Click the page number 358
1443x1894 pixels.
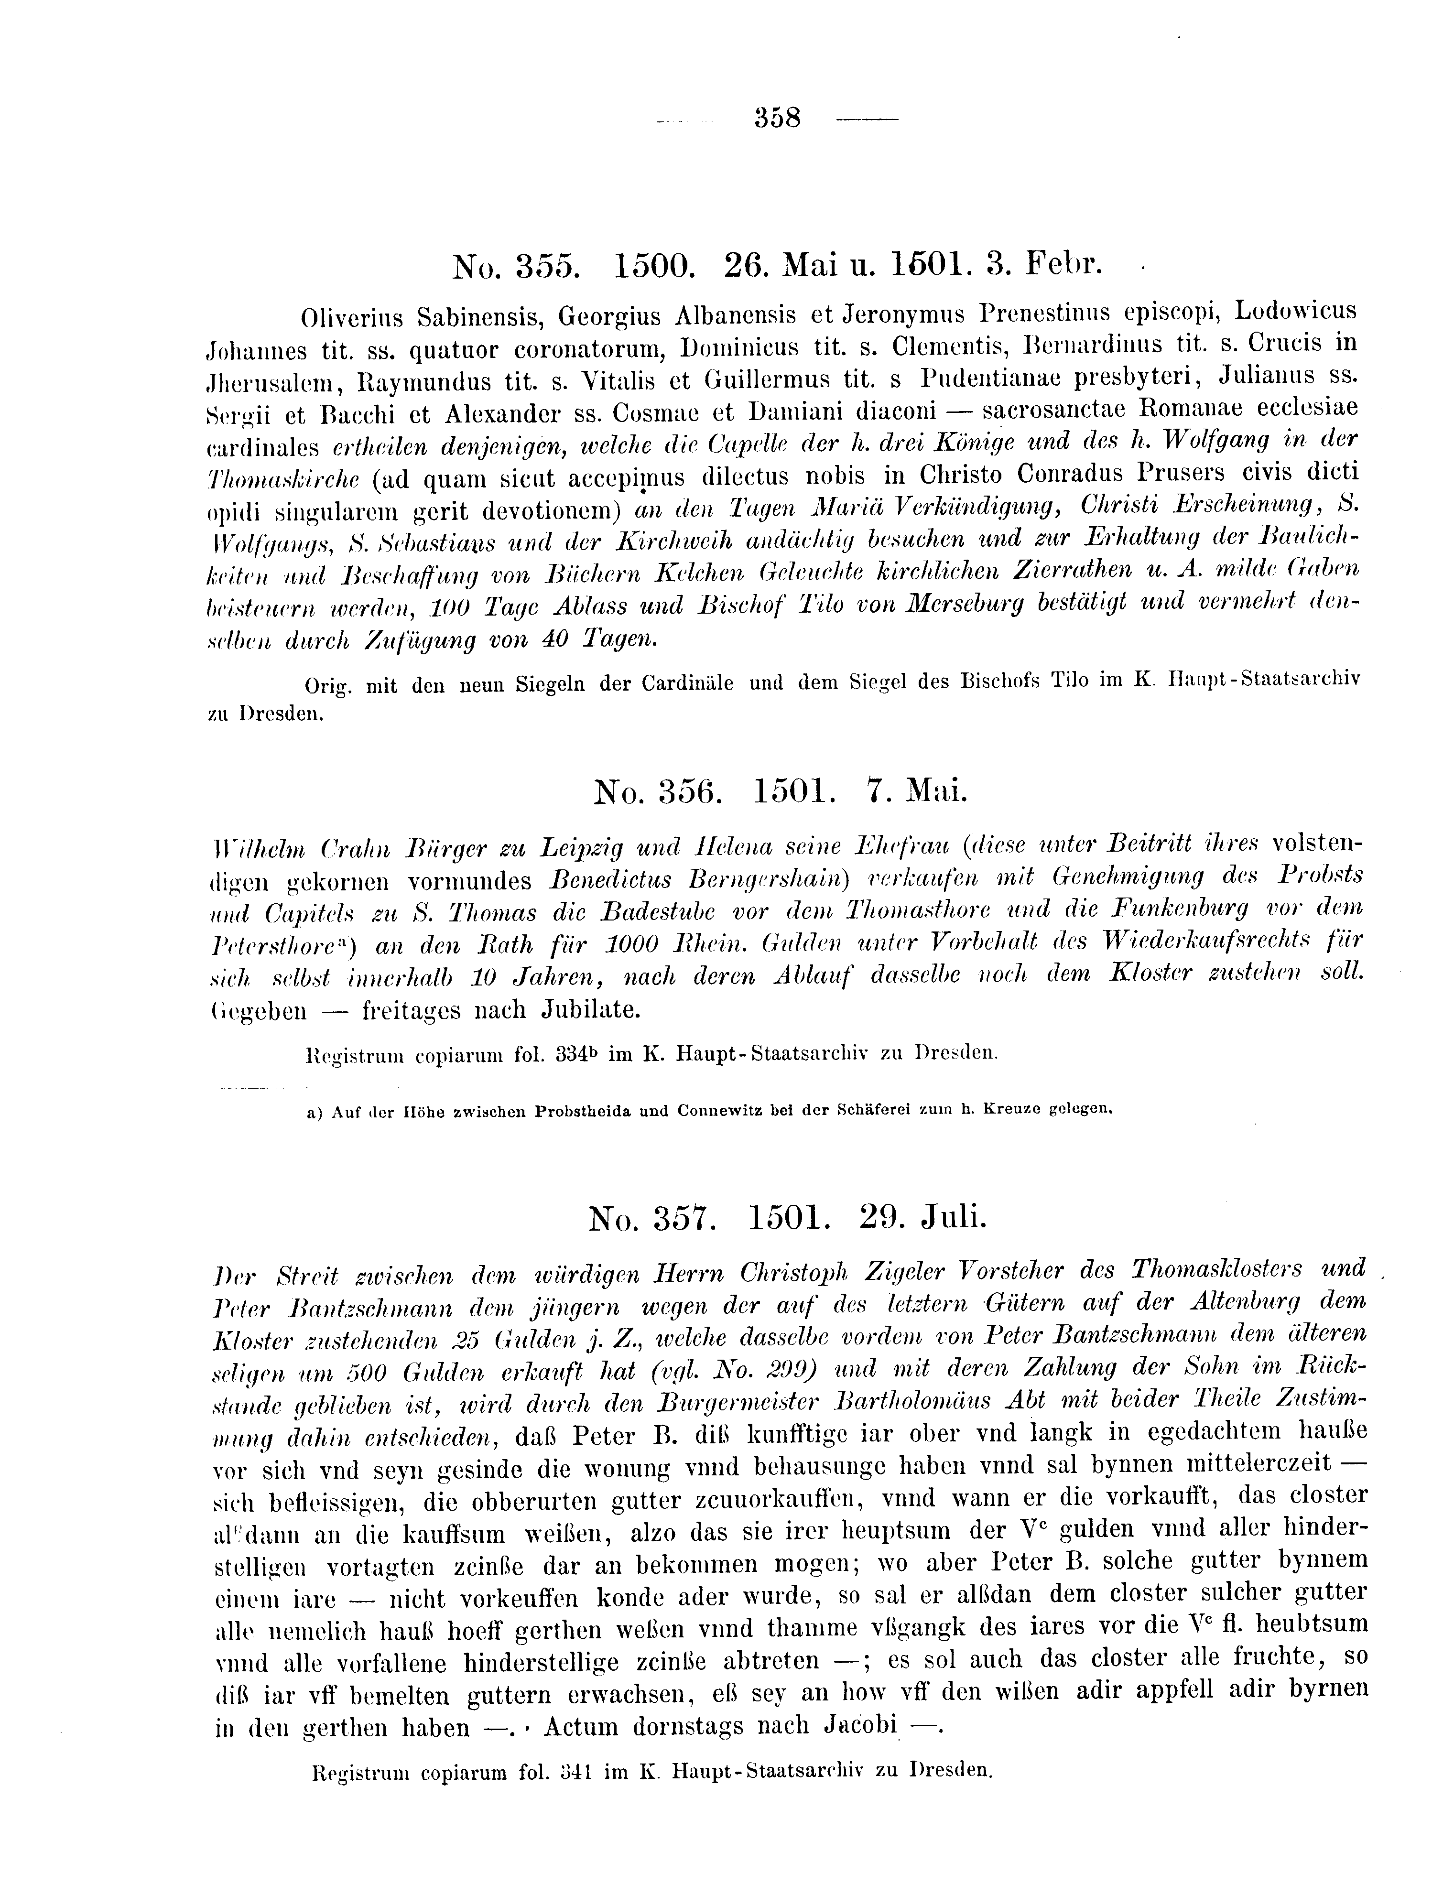tap(777, 117)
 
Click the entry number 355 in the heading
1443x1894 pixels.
tap(544, 267)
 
